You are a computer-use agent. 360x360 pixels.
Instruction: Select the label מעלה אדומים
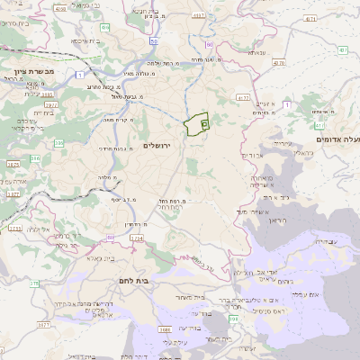(x=337, y=140)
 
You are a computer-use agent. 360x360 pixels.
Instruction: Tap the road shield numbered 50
(x=155, y=41)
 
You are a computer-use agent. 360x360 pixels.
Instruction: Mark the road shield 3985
(x=47, y=93)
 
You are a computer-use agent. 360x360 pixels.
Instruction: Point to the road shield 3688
(x=166, y=329)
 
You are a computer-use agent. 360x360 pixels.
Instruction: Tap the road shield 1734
(x=137, y=238)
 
